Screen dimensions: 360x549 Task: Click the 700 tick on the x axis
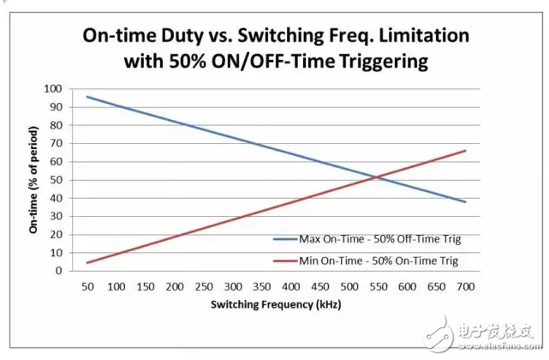(465, 285)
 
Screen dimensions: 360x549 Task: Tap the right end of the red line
(465, 151)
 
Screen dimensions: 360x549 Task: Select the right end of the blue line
(465, 201)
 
